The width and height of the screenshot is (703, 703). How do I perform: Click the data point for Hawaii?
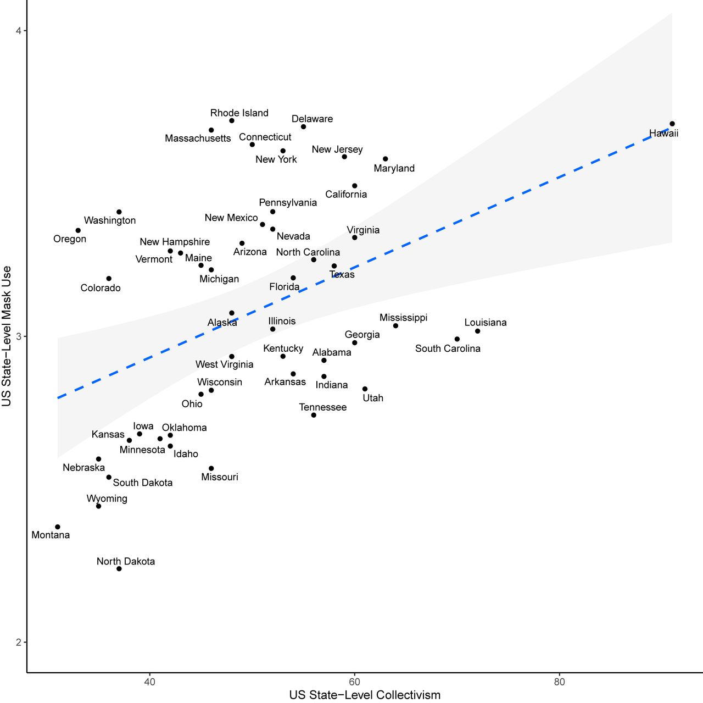point(672,124)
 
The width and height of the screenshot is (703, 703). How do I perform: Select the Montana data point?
point(58,527)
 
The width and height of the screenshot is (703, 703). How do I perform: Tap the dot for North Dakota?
point(119,568)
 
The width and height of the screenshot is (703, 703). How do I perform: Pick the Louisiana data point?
point(478,331)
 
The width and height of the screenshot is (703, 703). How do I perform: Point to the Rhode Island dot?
point(232,120)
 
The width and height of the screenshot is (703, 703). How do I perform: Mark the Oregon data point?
point(78,230)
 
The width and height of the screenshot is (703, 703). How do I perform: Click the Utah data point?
point(365,389)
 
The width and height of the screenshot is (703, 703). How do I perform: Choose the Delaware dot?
point(303,127)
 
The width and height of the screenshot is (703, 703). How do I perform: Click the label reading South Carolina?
point(448,348)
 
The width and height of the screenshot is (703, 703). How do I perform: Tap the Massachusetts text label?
point(198,139)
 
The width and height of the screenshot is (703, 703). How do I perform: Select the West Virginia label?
point(224,364)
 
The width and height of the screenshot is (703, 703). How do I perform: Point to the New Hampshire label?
point(175,242)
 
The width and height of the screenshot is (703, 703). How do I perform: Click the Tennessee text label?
point(322,407)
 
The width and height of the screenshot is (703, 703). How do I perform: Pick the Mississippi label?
point(403,318)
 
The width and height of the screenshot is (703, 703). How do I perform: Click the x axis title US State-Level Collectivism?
point(365,695)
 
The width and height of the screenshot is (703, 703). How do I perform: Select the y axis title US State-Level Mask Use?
point(7,336)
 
